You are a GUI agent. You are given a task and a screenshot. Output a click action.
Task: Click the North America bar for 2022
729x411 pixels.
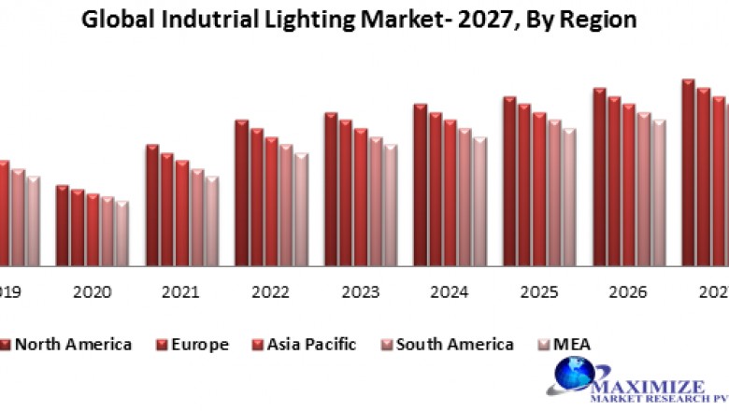coord(241,192)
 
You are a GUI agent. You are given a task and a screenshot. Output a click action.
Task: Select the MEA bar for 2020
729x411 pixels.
coord(122,234)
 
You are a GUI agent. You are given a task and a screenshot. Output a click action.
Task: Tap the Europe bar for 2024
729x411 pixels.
coord(436,188)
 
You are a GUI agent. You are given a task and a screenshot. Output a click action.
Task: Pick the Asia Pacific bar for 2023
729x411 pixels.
coord(361,197)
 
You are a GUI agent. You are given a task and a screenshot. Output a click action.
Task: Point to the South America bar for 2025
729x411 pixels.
coord(555,192)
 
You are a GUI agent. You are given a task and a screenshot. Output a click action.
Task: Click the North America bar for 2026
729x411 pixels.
coord(599,177)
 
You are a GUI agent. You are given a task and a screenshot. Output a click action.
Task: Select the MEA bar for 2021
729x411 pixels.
coord(212,220)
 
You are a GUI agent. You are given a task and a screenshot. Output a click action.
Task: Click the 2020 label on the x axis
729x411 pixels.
coord(92,292)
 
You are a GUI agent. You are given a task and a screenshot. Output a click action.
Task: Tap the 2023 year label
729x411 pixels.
coord(360,292)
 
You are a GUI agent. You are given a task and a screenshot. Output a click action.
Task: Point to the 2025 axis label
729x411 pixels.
coord(539,292)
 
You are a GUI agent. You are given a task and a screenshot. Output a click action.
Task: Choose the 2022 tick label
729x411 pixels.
coord(270,292)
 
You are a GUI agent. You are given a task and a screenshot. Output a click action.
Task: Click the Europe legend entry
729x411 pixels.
coord(199,345)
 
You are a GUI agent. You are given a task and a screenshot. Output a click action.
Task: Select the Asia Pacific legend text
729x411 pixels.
coord(311,345)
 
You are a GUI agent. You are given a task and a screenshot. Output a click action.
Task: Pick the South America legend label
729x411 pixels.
coord(454,345)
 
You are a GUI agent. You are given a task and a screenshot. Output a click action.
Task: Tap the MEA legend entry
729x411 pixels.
coord(571,345)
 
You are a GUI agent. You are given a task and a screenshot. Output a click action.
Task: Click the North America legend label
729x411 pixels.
coord(73,345)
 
